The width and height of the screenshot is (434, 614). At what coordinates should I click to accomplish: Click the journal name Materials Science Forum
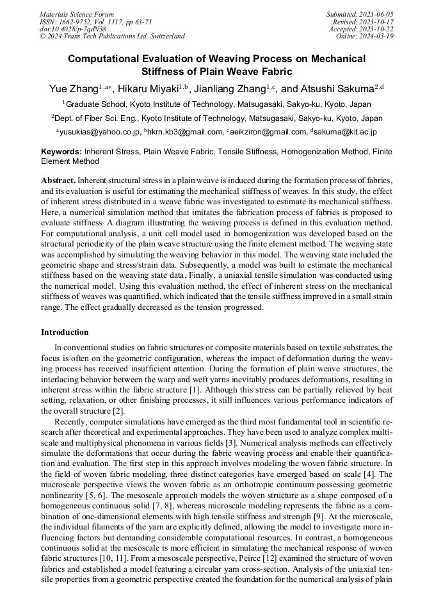(77, 14)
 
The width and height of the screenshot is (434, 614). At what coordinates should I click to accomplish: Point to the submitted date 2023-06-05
(378, 14)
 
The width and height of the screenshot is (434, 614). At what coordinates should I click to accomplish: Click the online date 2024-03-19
(378, 36)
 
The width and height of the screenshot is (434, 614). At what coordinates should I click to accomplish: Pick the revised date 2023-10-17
(378, 22)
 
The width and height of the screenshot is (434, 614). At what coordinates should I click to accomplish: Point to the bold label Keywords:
(61, 152)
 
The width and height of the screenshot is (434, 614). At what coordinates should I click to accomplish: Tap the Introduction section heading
(65, 332)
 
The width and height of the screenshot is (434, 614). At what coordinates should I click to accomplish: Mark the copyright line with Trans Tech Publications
(112, 36)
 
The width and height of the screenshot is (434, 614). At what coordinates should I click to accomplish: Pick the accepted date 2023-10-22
(378, 29)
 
